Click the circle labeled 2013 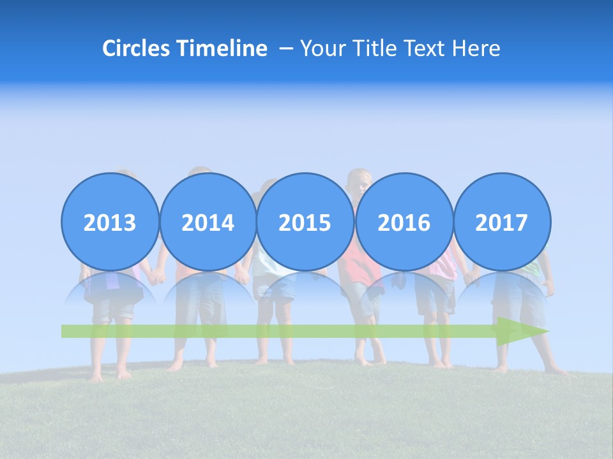point(110,222)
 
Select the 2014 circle point(208,222)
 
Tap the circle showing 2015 point(305,222)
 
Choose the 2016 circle point(404,222)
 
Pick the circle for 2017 point(501,222)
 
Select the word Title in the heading point(373,48)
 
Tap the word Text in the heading point(427,48)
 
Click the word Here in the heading point(476,48)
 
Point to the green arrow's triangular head point(520,331)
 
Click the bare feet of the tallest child point(370,360)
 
